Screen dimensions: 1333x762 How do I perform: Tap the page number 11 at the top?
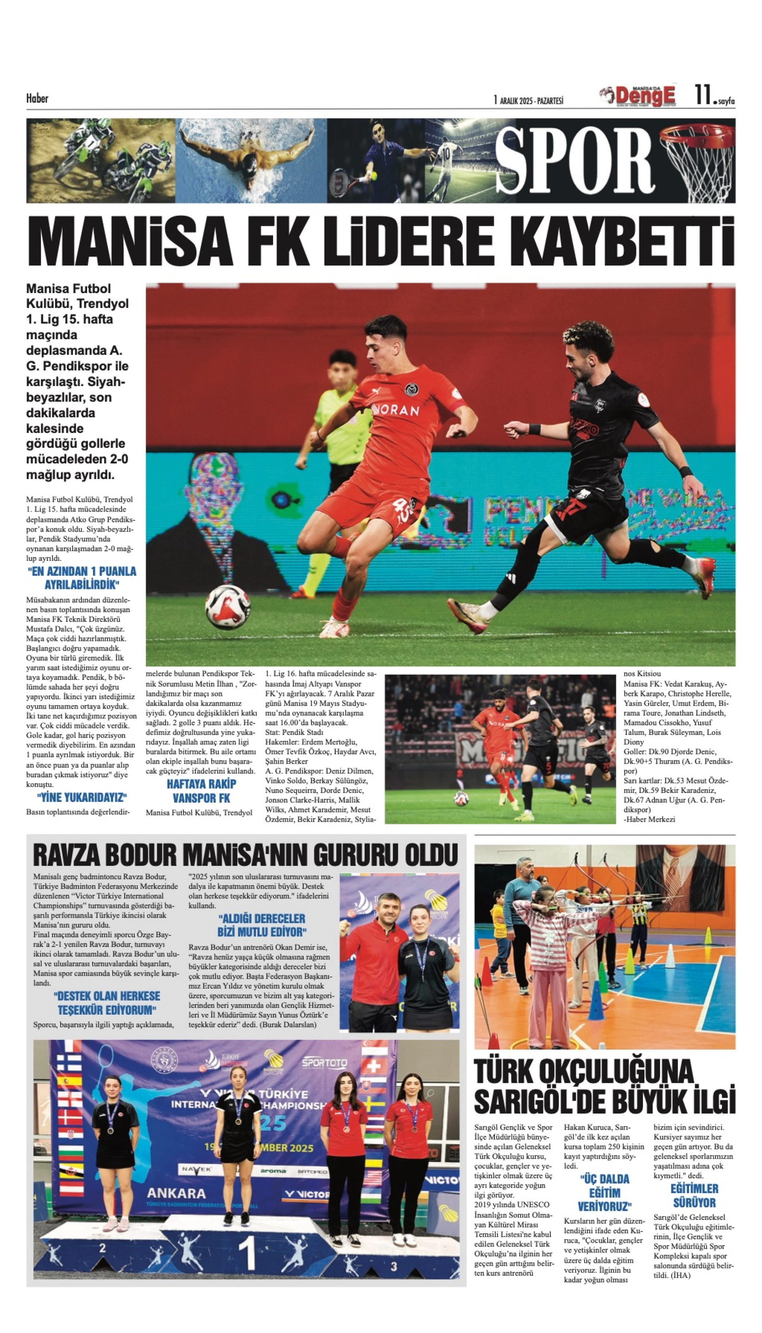[x=702, y=95]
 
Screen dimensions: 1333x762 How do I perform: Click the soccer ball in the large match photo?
[x=228, y=606]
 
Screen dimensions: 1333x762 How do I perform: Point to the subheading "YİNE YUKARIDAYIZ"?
[x=82, y=797]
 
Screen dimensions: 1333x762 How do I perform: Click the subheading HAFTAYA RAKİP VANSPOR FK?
[x=201, y=791]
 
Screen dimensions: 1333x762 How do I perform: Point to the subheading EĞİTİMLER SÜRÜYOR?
[x=694, y=1195]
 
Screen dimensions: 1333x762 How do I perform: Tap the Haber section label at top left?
[x=37, y=98]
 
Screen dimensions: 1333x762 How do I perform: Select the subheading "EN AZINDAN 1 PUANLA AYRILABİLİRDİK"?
[x=82, y=578]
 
